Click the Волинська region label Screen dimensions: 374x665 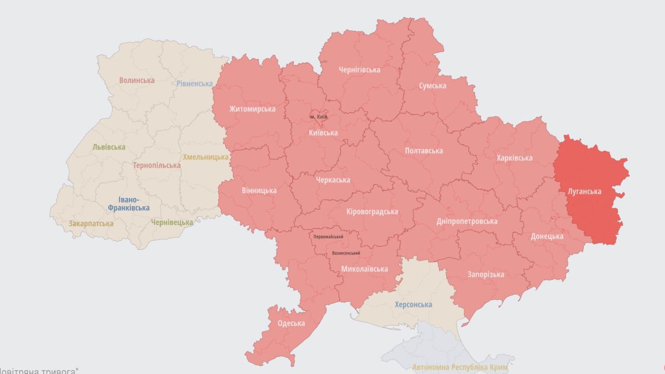[x=137, y=81]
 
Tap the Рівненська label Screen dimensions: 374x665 [x=194, y=84]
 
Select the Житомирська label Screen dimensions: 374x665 [x=252, y=109]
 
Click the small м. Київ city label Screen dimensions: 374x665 [x=318, y=117]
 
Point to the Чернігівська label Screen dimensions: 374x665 [x=359, y=70]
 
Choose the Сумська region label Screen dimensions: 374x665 [x=432, y=86]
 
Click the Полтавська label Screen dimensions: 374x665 [x=424, y=151]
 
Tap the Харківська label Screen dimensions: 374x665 [x=514, y=158]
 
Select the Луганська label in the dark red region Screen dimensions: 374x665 [x=584, y=191]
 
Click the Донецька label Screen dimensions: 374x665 [x=547, y=236]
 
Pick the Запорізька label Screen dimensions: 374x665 [x=486, y=274]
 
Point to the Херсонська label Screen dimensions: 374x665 [x=413, y=304]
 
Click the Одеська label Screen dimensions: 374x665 [x=291, y=323]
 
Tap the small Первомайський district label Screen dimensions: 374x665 [x=328, y=237]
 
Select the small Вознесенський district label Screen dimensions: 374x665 [x=346, y=253]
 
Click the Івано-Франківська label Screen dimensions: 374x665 [x=128, y=204]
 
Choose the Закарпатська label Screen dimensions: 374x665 [x=91, y=223]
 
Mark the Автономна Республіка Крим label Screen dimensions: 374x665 [x=460, y=368]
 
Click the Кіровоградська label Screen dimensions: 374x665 [x=372, y=211]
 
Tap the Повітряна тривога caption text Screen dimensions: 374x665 [x=39, y=371]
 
